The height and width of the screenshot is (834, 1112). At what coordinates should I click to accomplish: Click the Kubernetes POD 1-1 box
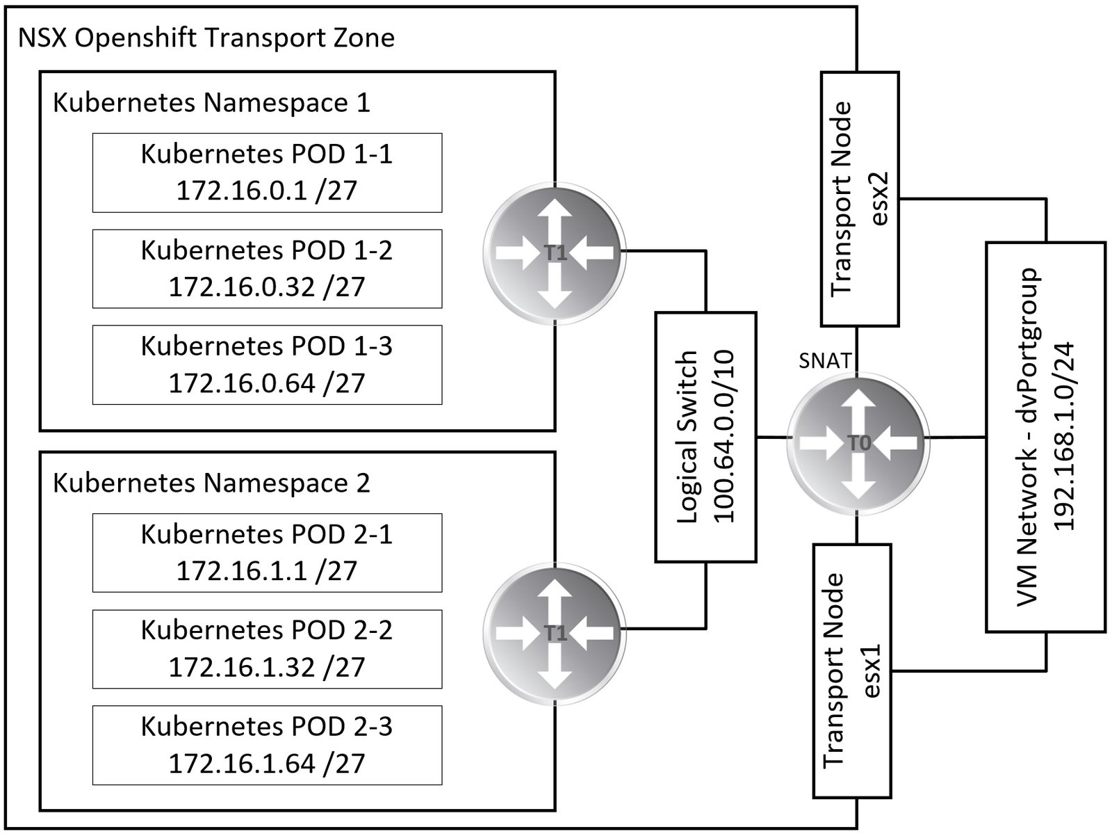point(267,173)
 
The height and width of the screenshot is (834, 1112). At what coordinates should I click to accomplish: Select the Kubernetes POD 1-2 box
point(267,268)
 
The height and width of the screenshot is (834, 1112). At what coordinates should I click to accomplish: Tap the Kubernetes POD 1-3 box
point(267,364)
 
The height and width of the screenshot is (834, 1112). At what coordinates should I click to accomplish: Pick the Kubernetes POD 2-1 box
point(267,552)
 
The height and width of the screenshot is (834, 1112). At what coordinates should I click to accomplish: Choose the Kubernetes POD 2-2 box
point(267,648)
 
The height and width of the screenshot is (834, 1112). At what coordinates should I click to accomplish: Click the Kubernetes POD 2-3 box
point(267,744)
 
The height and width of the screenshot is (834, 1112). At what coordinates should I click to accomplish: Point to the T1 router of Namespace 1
point(554,252)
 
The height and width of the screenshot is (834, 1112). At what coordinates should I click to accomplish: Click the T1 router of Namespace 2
point(554,632)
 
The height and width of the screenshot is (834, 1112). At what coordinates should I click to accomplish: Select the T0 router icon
point(858,443)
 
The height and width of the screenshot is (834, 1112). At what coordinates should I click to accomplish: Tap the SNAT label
point(825,360)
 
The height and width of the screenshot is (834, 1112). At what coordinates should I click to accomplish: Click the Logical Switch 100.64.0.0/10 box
point(705,437)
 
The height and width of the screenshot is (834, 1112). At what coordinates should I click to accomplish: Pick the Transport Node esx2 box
point(860,199)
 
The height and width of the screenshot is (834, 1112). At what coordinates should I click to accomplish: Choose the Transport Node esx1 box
point(852,671)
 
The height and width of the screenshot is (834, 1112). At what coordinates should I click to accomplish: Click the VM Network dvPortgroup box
point(1045,437)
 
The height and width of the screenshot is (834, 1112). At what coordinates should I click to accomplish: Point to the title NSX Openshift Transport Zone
point(206,38)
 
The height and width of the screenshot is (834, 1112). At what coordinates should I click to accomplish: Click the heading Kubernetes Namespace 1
point(211,103)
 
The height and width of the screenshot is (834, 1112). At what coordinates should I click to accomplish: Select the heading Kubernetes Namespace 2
point(211,483)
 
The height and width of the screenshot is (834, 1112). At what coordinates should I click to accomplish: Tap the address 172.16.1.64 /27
point(267,763)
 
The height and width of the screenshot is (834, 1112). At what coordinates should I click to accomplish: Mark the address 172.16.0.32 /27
point(267,287)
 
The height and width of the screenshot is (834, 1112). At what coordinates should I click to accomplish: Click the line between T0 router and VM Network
point(958,437)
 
